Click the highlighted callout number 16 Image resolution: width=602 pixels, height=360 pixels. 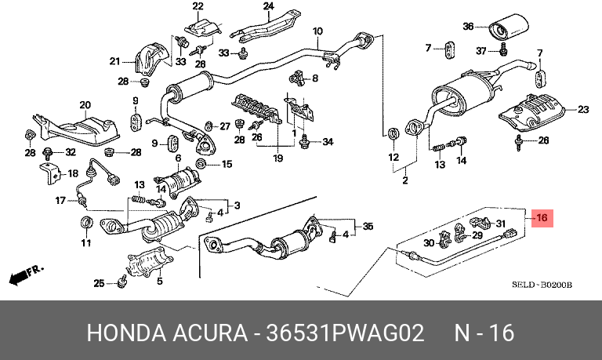click(542, 218)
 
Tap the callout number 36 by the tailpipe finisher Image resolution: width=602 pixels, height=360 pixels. click(469, 26)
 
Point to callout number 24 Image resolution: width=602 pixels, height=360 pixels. click(268, 7)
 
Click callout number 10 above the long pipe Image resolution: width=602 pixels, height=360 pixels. click(318, 32)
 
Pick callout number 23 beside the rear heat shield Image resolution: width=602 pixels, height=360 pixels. click(582, 109)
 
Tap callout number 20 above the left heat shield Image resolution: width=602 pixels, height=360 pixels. click(85, 104)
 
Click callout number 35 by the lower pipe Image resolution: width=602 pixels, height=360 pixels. click(368, 227)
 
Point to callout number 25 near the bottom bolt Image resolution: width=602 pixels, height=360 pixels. click(99, 283)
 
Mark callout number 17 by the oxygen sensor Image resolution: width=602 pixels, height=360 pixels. click(60, 201)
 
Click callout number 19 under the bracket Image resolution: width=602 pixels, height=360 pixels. click(277, 158)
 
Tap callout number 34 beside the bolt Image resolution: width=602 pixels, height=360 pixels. click(328, 142)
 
